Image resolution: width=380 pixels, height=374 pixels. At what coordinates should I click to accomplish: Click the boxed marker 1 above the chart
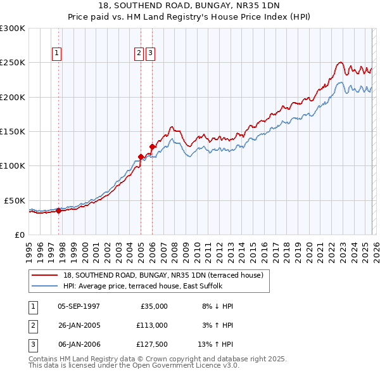coord(57,54)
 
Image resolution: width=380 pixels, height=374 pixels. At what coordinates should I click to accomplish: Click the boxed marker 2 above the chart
coord(139,54)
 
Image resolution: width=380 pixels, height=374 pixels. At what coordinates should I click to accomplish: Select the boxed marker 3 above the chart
coord(150,54)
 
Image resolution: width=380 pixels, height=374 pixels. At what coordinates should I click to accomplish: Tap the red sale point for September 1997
coord(58,210)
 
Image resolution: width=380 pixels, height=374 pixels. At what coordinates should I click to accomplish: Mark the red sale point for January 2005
coord(141,157)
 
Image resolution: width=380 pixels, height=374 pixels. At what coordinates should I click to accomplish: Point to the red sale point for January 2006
coord(152,146)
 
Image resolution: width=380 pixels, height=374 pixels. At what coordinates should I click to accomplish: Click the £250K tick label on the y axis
coord(13,63)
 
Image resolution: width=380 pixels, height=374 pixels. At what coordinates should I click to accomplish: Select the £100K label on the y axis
coord(13,165)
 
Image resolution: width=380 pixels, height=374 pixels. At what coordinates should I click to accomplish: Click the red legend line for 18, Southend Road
coord(45,275)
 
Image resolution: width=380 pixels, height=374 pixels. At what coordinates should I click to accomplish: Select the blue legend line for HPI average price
coord(45,286)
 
